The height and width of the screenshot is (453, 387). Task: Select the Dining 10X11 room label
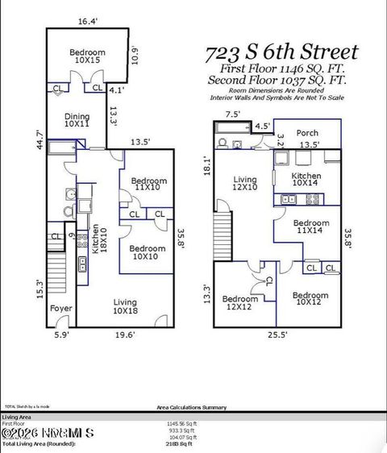pos(77,121)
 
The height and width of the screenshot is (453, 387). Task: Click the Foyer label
pos(60,308)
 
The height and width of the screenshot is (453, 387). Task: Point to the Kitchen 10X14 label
pos(306,179)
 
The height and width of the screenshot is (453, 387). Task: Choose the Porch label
pos(307,133)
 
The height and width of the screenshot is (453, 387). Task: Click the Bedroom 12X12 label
pos(239,302)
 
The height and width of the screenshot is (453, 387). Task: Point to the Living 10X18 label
pos(126,305)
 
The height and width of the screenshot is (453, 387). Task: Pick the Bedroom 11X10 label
pos(148,184)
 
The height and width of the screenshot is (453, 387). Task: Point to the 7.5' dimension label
pos(233,114)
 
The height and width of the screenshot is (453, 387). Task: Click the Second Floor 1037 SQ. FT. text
pos(277,81)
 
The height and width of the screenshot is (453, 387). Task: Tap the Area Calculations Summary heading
pos(193,408)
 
